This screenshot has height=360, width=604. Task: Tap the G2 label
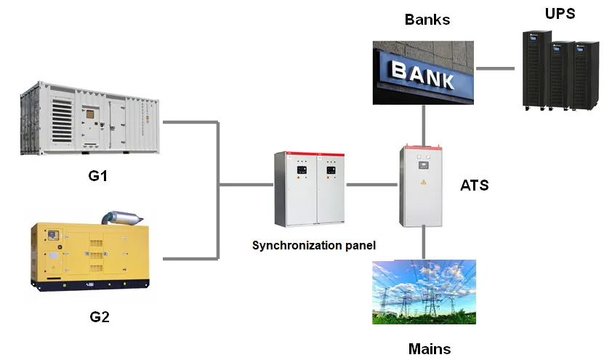click(x=99, y=316)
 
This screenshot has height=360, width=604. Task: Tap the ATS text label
click(x=474, y=185)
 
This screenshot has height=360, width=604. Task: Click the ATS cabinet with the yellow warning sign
click(x=421, y=185)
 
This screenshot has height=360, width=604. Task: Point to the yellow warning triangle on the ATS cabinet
click(x=422, y=199)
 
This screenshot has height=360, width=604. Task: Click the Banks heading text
click(x=427, y=19)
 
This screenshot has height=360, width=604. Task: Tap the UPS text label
click(x=560, y=13)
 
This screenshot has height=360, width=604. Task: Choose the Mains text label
click(x=429, y=348)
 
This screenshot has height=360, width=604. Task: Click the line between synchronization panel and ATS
click(x=371, y=185)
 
